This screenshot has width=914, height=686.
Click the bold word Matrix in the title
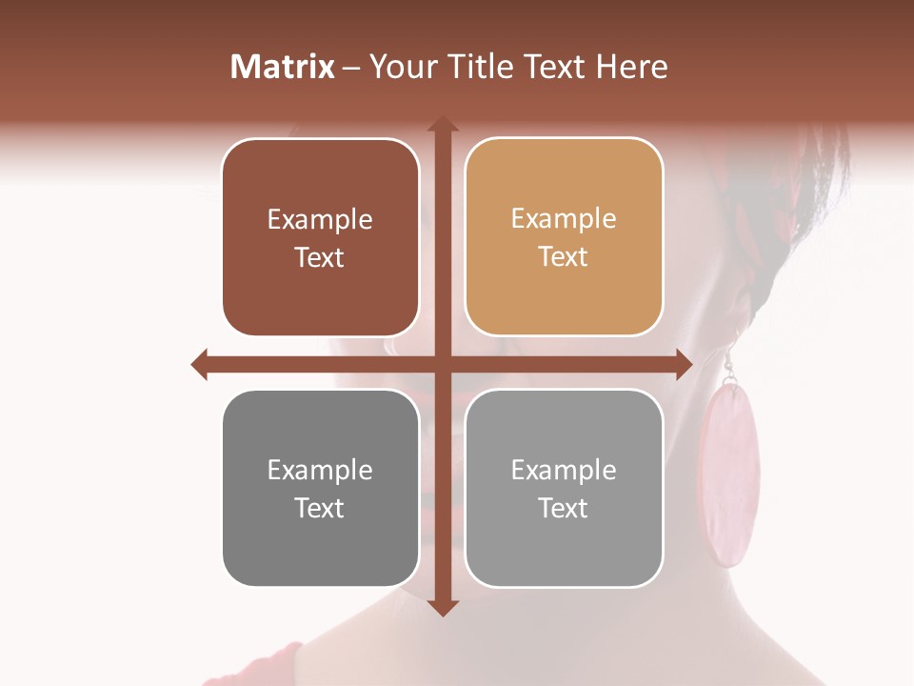point(283,67)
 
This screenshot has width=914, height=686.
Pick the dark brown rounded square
point(320,237)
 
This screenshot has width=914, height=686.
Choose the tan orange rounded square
point(564,237)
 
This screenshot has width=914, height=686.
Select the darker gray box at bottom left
point(320,488)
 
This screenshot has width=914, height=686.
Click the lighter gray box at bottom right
point(564,488)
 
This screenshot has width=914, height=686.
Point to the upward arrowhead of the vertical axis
point(442,125)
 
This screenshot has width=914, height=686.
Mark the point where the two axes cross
point(442,364)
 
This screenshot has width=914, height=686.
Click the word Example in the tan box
point(564,218)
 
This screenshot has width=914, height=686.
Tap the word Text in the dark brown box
point(320,257)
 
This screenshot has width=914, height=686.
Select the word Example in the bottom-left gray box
point(320,470)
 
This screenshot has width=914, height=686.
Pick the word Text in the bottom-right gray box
point(564,508)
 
